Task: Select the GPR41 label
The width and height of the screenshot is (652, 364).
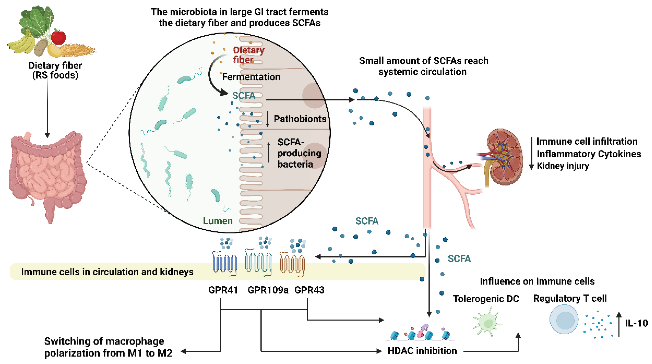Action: [x=223, y=290]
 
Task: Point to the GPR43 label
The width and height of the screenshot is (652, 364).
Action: [x=309, y=290]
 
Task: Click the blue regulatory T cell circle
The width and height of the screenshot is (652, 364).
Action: [x=564, y=319]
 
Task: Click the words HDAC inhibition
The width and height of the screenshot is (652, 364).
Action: [x=422, y=351]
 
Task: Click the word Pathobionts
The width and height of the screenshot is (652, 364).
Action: [x=300, y=119]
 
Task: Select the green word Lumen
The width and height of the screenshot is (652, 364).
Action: [x=218, y=221]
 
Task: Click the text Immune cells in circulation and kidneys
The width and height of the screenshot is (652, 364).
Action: [x=107, y=272]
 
